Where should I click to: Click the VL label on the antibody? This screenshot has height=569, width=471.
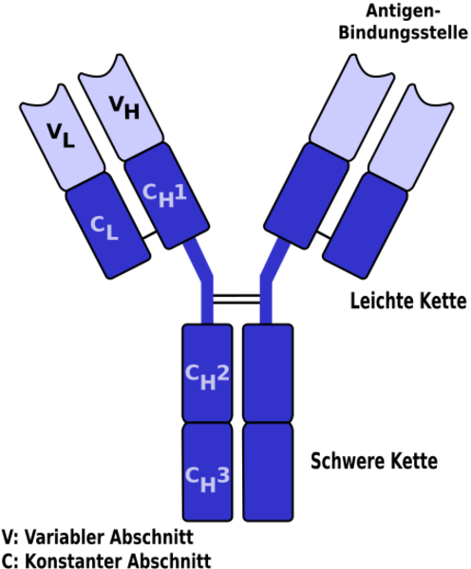pyautogui.click(x=61, y=136)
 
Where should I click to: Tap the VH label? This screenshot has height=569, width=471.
pyautogui.click(x=124, y=107)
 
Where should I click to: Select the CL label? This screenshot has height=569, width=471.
pyautogui.click(x=104, y=229)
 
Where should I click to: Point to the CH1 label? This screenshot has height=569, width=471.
pyautogui.click(x=164, y=195)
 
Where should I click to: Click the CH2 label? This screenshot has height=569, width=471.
pyautogui.click(x=207, y=377)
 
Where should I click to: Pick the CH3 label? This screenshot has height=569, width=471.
pyautogui.click(x=207, y=480)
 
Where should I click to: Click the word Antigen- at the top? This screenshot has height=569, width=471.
pyautogui.click(x=403, y=11)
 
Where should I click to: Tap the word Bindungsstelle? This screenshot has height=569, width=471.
pyautogui.click(x=403, y=32)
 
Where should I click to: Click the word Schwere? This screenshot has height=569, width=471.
pyautogui.click(x=348, y=461)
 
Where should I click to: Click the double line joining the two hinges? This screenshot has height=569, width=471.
pyautogui.click(x=236, y=300)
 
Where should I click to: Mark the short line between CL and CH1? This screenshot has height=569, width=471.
pyautogui.click(x=150, y=235)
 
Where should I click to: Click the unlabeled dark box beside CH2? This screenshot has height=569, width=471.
pyautogui.click(x=268, y=373)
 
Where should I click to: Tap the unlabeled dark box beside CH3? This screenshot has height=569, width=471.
pyautogui.click(x=268, y=472)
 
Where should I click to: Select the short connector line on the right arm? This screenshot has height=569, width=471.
pyautogui.click(x=324, y=235)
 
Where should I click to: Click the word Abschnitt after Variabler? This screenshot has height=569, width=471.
pyautogui.click(x=151, y=537)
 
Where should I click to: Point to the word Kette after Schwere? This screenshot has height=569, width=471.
pyautogui.click(x=414, y=461)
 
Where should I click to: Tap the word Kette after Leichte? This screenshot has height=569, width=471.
pyautogui.click(x=443, y=301)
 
